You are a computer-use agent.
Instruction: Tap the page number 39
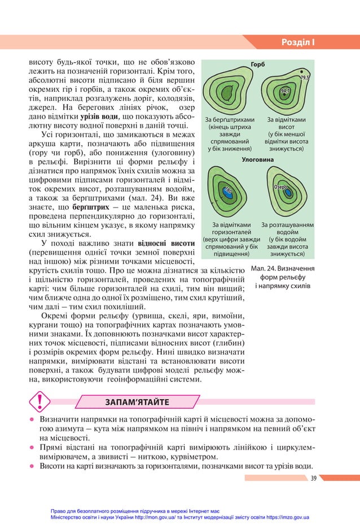(313, 478)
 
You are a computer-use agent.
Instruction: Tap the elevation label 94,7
(285, 91)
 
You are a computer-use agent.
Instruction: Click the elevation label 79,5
(305, 78)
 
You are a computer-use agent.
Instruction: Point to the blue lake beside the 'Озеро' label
(288, 193)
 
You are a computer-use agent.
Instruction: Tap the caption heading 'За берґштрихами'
(230, 120)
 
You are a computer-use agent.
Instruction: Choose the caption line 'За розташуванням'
(288, 225)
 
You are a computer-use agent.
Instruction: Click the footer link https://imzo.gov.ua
(279, 516)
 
